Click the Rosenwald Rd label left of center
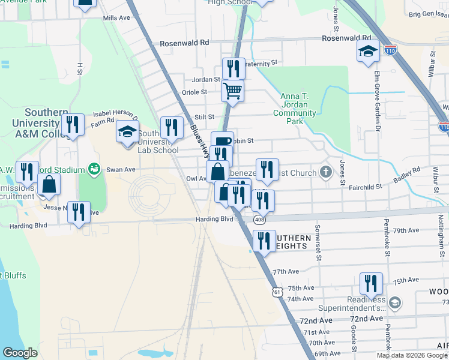(184, 43)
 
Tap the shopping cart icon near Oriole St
(232, 91)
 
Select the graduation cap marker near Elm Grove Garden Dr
(367, 51)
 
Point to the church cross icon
(326, 173)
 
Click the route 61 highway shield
(276, 292)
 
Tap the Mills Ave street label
(116, 18)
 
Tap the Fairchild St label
(366, 187)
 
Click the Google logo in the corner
(20, 353)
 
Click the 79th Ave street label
(406, 230)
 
